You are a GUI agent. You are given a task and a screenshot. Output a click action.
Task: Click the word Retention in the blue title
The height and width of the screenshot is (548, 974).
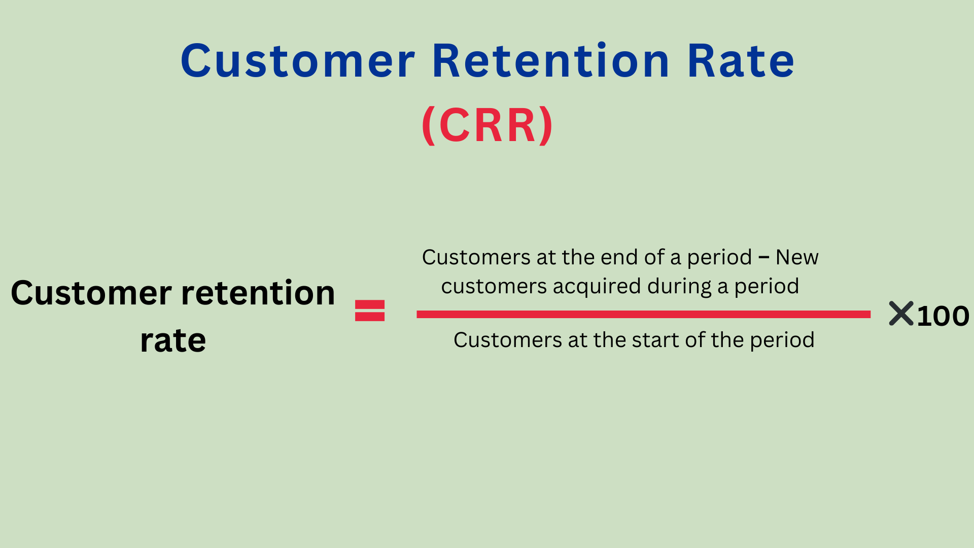(551, 61)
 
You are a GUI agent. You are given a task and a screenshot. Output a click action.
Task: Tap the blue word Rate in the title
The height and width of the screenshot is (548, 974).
(741, 61)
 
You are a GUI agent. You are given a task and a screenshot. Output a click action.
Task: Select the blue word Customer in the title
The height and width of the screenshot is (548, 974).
(298, 61)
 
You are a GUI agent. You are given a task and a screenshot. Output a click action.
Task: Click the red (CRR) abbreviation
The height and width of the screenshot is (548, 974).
(487, 125)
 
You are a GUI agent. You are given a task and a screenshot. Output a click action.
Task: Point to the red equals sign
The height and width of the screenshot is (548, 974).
(370, 311)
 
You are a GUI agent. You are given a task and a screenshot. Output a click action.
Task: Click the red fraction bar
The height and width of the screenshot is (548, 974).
(643, 315)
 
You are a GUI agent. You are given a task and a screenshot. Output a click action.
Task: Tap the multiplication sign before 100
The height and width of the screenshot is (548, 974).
(901, 314)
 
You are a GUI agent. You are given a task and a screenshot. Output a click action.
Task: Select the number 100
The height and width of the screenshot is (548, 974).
(943, 316)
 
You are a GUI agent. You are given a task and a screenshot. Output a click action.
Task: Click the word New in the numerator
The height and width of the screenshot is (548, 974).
(797, 257)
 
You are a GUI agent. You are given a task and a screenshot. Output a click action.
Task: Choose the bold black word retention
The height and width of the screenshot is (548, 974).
(258, 293)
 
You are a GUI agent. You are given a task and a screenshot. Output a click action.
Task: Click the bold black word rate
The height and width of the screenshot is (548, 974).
(173, 340)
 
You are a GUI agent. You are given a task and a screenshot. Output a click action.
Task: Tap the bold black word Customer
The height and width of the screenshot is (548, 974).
(91, 293)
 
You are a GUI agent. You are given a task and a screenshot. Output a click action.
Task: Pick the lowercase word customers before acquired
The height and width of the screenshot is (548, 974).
(494, 287)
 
